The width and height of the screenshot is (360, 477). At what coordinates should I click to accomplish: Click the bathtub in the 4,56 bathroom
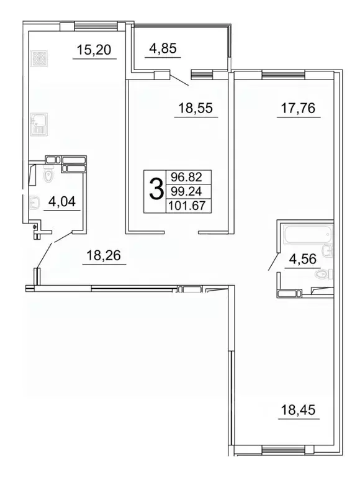coord(307,236)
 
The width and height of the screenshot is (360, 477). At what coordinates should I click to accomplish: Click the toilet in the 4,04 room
coord(50,177)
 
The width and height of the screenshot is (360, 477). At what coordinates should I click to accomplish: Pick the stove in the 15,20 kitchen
coord(38,59)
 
